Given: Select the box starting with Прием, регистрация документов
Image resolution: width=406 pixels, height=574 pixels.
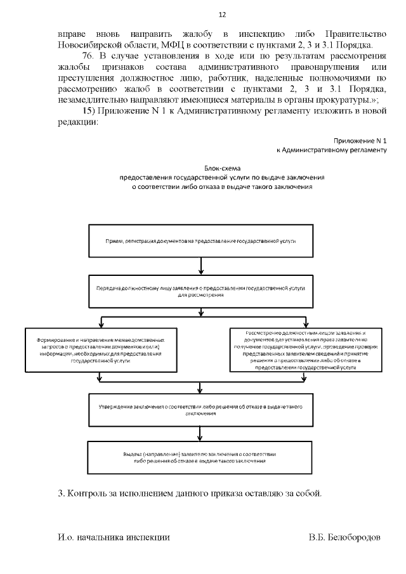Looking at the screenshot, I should point(200,242).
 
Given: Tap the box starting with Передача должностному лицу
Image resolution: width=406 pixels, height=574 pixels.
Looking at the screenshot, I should point(200,290).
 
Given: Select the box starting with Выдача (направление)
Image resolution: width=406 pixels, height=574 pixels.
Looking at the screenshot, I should point(200,458).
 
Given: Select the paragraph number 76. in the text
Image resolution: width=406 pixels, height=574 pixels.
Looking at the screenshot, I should point(89,57).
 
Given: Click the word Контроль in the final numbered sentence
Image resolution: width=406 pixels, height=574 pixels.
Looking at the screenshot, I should point(89,493).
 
